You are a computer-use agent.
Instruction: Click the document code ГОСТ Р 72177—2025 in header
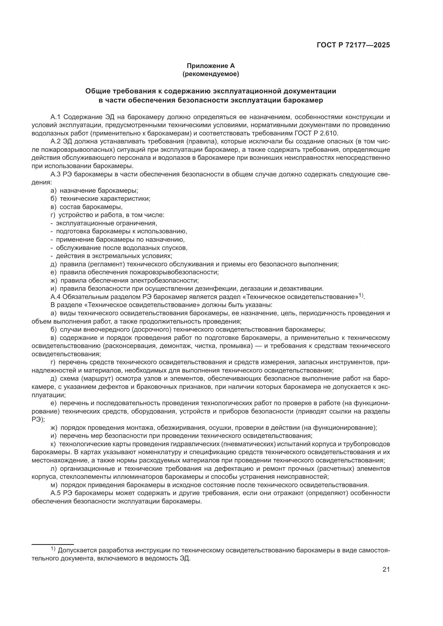353,45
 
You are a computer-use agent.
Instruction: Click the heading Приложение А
211,66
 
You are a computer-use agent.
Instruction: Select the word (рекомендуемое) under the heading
211,74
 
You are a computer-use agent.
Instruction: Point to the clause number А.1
56,117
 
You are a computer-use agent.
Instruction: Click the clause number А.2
56,142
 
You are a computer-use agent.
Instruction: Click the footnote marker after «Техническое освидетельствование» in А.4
361,295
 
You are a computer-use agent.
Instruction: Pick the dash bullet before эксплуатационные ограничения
51,223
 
